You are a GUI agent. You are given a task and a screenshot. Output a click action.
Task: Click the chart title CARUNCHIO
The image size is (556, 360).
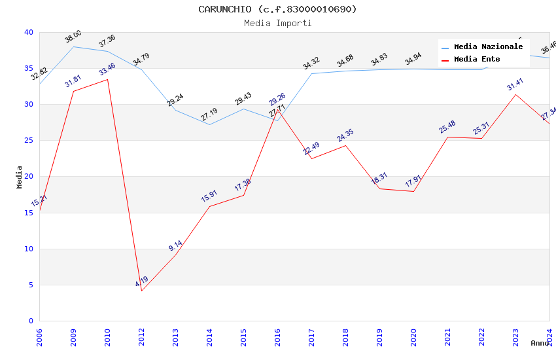tap(277, 9)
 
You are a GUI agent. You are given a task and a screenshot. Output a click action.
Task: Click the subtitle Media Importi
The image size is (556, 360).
tap(277, 23)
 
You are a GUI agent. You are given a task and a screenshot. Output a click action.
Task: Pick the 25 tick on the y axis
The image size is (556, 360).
tap(29, 141)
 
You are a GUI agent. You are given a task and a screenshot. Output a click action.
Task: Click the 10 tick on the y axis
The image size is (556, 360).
tap(29, 249)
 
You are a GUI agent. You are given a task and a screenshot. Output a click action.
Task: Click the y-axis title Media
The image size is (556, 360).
tap(20, 177)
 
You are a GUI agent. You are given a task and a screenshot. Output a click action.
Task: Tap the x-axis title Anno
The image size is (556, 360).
tap(540, 343)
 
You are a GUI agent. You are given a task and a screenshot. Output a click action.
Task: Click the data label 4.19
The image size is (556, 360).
tap(142, 281)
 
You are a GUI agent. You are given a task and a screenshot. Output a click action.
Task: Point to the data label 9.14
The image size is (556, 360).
tap(175, 246)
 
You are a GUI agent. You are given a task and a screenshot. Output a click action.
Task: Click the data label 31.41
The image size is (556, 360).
tap(515, 84)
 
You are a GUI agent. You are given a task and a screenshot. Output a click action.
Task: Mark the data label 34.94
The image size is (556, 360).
tap(413, 59)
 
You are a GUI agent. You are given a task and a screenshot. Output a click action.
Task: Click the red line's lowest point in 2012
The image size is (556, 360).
tap(141, 291)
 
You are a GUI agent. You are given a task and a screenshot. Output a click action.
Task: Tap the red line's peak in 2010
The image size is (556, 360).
tap(107, 79)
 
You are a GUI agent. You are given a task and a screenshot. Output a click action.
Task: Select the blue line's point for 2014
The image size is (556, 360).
tap(209, 124)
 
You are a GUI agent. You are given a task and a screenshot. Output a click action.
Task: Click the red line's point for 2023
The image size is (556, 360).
tap(515, 94)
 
